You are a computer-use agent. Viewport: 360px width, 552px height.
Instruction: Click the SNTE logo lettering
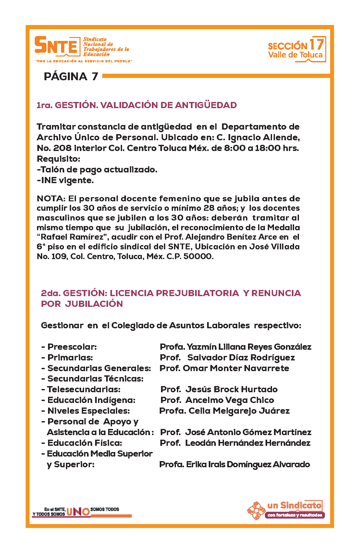coord(57,45)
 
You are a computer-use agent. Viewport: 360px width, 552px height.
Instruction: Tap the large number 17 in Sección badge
coord(316,44)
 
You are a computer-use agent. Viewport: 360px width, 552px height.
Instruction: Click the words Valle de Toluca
coord(295,55)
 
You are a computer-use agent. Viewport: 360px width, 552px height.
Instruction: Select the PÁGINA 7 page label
coord(71,76)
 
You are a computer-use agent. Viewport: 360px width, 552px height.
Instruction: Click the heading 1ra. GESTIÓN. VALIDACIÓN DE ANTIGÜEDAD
coord(136,105)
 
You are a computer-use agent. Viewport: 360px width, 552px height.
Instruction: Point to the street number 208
coord(62,148)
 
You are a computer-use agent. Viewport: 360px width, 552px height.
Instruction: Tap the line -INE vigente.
coord(65,180)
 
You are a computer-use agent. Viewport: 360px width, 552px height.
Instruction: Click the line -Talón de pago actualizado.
coord(97,169)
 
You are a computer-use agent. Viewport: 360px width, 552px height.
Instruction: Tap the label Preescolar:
coord(72,347)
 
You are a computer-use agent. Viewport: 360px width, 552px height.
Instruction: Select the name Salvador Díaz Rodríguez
coord(241,358)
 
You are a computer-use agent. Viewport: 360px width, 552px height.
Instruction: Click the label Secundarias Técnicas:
coord(95,379)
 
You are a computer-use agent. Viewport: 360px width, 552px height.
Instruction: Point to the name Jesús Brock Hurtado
coord(231,389)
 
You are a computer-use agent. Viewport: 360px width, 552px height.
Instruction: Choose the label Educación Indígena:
coord(91,400)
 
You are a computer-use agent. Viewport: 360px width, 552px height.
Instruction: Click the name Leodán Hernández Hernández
coord(248,443)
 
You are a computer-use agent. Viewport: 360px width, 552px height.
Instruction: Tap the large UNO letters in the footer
coord(78,512)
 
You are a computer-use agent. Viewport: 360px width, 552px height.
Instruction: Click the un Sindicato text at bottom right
coord(294,505)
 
